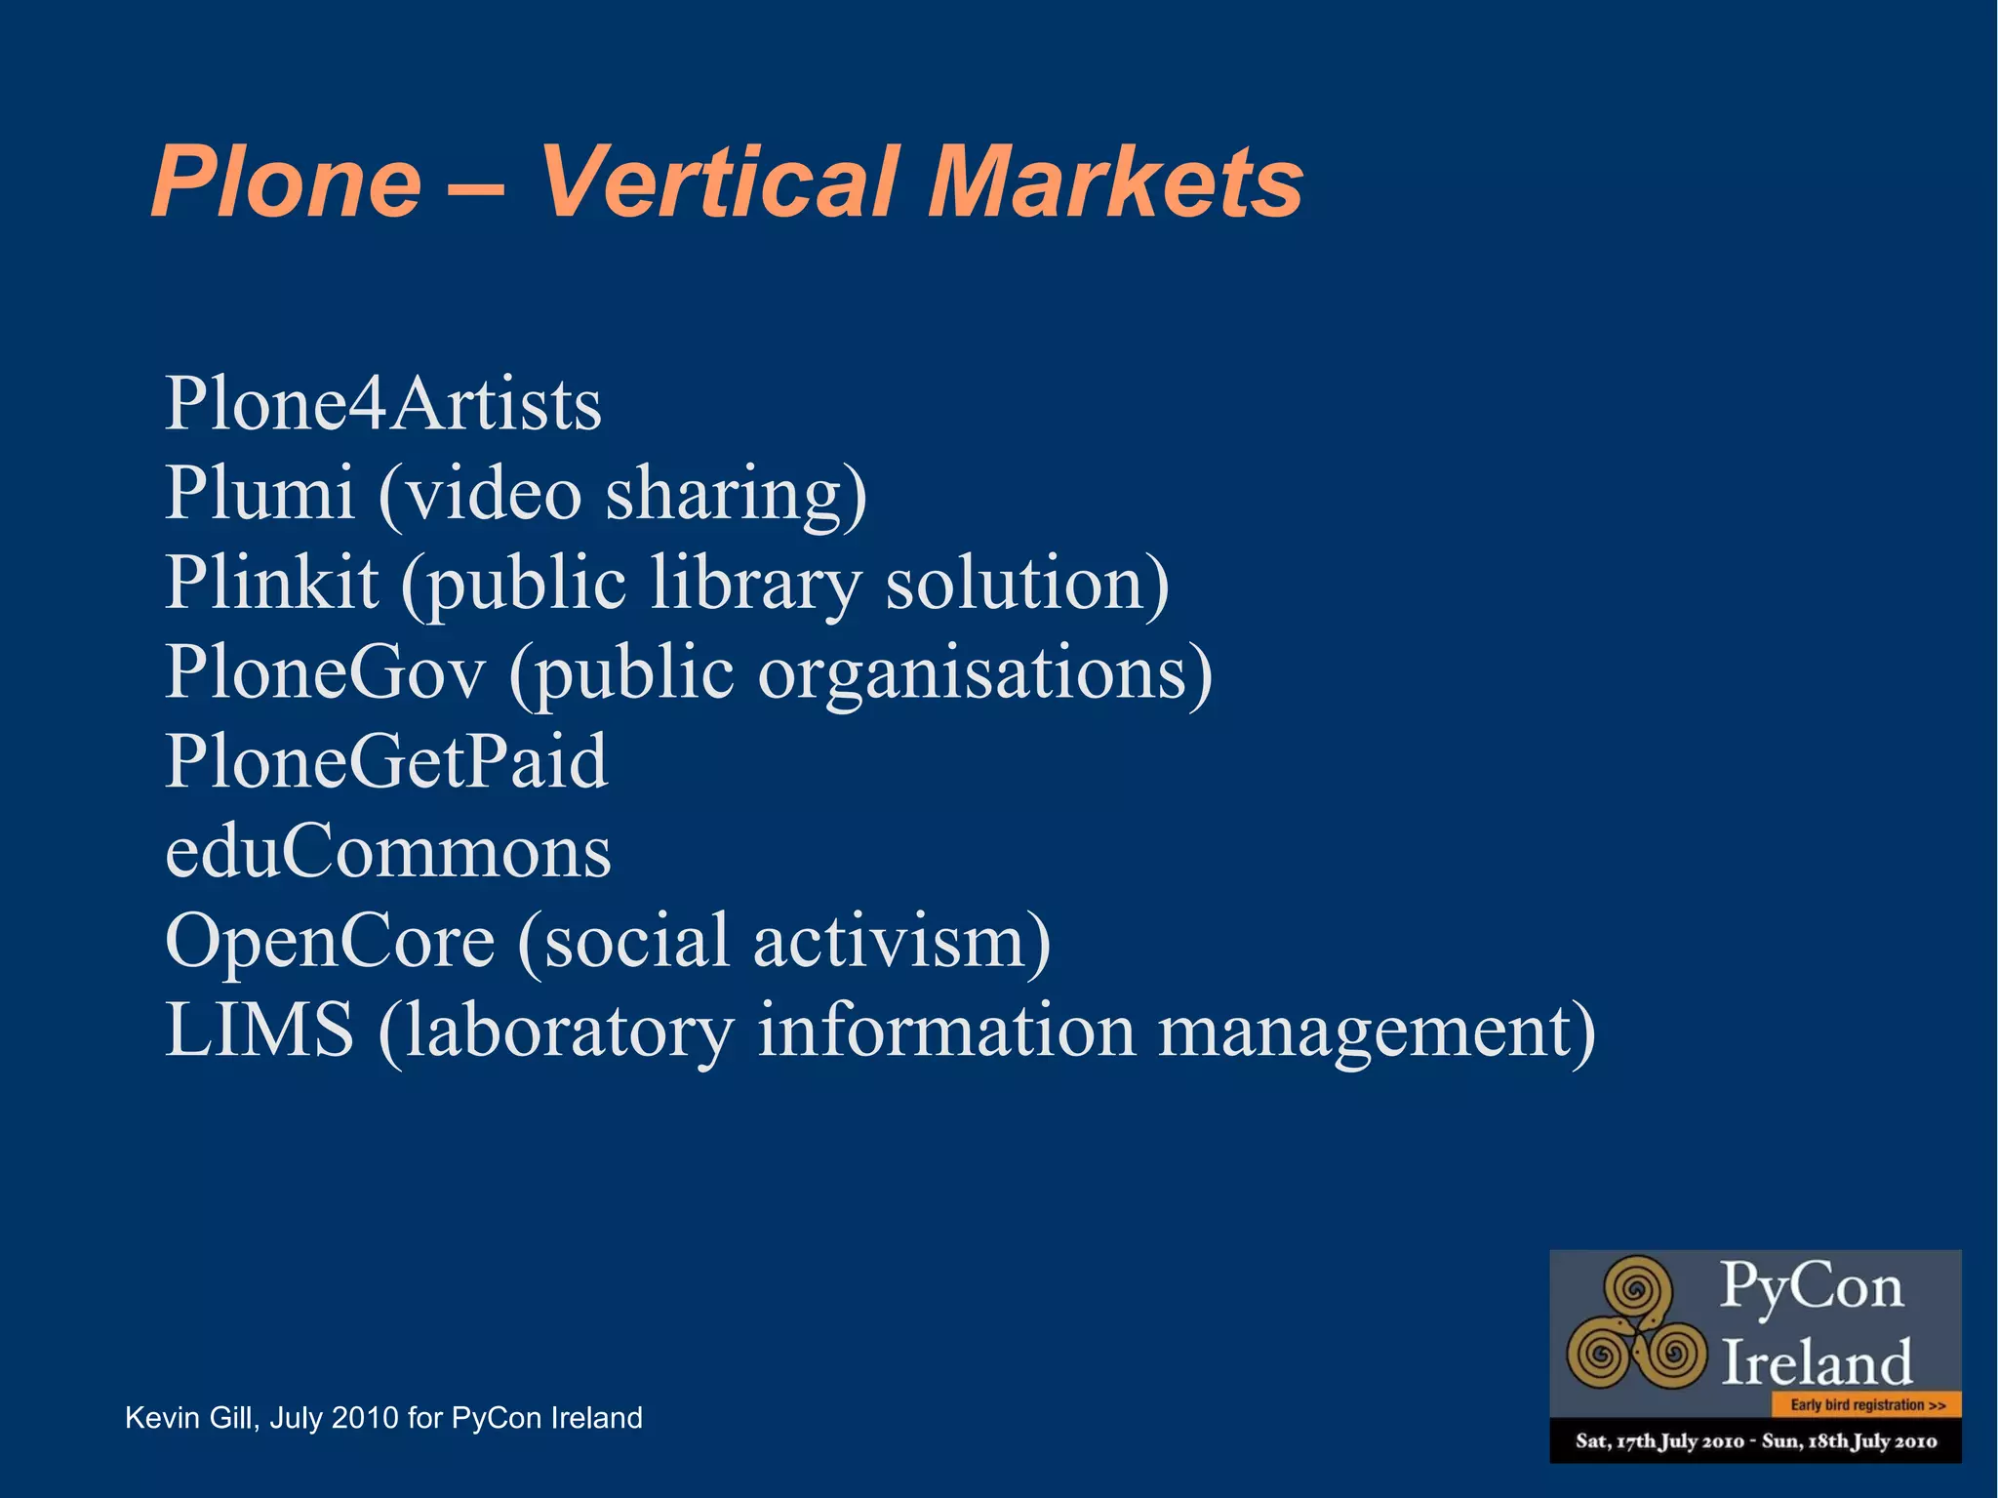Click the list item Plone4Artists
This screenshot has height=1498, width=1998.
pos(383,403)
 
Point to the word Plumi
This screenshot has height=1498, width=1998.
pos(259,493)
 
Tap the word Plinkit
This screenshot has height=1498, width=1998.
pos(271,582)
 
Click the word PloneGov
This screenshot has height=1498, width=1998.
pos(324,671)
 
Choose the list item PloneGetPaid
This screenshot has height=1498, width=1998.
pos(386,761)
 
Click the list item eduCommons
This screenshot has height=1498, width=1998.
pos(388,851)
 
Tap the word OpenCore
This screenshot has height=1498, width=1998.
pos(330,941)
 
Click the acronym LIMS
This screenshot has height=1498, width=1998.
pos(259,1030)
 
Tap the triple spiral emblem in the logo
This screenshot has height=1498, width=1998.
pos(1637,1322)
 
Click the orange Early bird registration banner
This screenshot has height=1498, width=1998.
pos(1866,1405)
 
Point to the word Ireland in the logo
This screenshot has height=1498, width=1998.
pos(1816,1362)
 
